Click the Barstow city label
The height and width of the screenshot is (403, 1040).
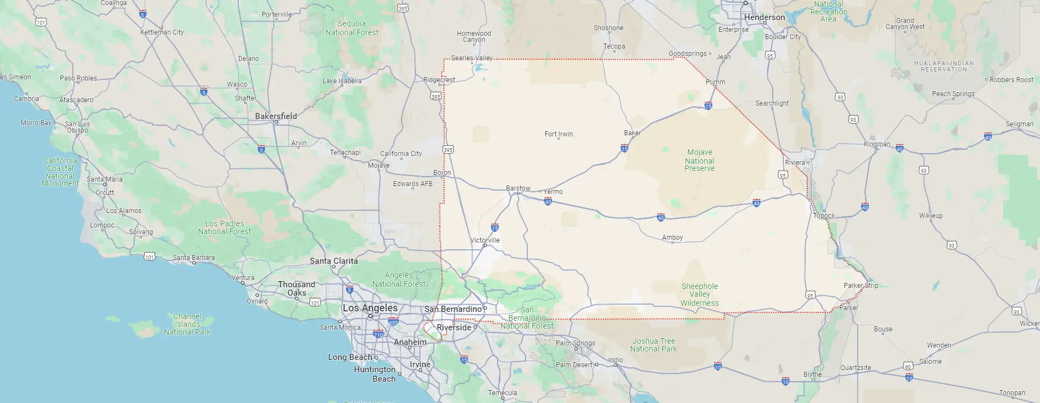(x=518, y=188)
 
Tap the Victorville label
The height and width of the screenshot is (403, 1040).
(x=485, y=240)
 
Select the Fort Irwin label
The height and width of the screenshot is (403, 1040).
(x=559, y=134)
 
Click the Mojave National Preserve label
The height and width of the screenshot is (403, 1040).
(x=699, y=160)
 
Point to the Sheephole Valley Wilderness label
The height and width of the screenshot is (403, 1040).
(x=699, y=295)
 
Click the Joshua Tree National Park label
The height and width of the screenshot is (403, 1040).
(x=653, y=345)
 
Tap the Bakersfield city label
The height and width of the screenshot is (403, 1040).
(x=276, y=116)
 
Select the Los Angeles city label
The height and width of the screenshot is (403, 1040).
(x=370, y=308)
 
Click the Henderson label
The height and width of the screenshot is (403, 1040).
(x=764, y=17)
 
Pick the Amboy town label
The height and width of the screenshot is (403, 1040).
(x=672, y=238)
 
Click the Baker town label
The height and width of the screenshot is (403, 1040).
(x=632, y=133)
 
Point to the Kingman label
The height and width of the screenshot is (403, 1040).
(x=877, y=144)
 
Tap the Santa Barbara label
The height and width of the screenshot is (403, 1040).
(x=193, y=258)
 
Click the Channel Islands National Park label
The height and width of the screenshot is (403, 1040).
(x=187, y=324)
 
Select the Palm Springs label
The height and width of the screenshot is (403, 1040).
(x=575, y=343)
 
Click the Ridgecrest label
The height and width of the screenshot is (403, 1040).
(x=439, y=80)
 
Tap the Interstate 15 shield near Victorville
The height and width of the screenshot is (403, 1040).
(x=494, y=227)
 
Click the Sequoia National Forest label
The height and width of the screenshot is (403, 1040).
(x=352, y=28)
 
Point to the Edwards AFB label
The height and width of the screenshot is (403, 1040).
(x=413, y=184)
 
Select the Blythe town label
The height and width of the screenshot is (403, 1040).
(x=812, y=374)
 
